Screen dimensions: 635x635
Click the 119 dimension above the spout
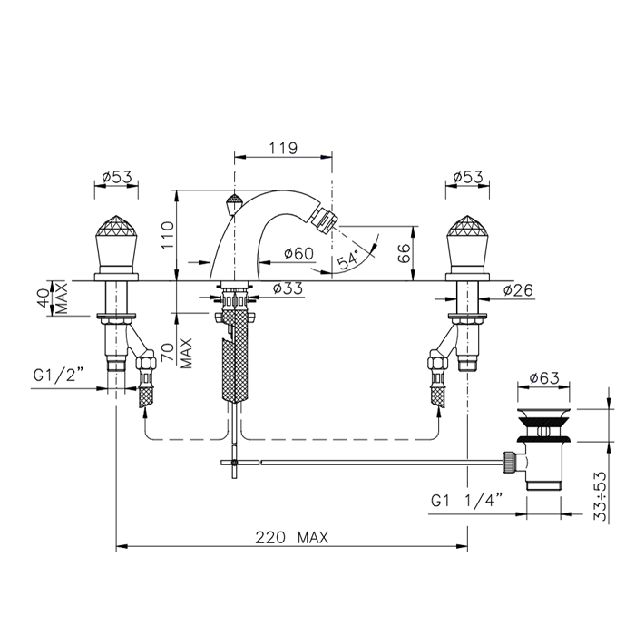[x=283, y=148]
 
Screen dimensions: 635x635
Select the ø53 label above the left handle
[x=117, y=177]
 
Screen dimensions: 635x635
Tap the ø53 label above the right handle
[x=468, y=177]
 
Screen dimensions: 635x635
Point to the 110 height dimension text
[x=168, y=235]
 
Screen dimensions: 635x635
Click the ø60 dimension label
[x=298, y=253]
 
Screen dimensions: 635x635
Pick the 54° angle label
[x=348, y=259]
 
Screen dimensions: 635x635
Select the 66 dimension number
[x=405, y=253]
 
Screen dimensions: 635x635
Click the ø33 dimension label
[x=288, y=288]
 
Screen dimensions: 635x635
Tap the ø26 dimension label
[x=518, y=290]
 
